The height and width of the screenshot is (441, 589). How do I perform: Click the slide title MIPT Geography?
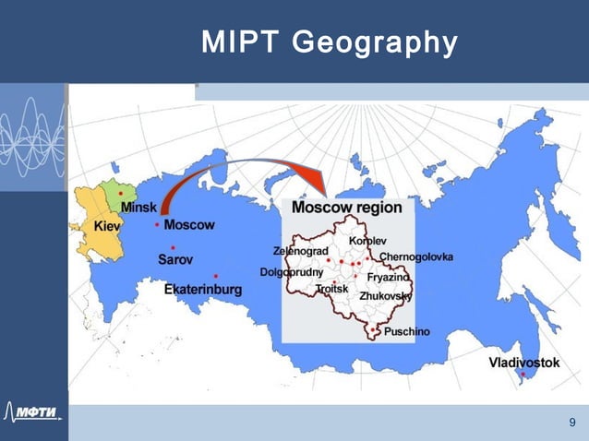(330, 42)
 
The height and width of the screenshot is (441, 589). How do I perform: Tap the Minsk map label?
(138, 209)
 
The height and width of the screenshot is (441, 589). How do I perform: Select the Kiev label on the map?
(108, 226)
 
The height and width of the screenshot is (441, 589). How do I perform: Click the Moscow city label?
(189, 225)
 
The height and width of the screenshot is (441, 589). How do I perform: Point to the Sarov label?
(175, 260)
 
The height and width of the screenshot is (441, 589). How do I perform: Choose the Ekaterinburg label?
(203, 290)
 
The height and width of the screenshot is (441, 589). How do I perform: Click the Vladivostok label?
(523, 363)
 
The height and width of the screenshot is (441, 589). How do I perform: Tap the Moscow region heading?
(347, 208)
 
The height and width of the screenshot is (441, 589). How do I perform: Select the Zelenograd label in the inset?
(301, 250)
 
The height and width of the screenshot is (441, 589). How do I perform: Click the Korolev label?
(367, 241)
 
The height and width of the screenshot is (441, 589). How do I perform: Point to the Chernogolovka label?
(415, 256)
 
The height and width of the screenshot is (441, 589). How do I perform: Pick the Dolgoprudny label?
(291, 273)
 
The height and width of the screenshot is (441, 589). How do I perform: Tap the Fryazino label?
(388, 276)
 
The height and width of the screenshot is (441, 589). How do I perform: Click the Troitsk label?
(331, 289)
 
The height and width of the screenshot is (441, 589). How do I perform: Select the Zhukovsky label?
(385, 295)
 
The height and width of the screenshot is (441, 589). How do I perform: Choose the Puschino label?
(407, 330)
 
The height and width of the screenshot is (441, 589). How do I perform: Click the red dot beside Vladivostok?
(523, 375)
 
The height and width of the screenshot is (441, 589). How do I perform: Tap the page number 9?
(572, 423)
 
